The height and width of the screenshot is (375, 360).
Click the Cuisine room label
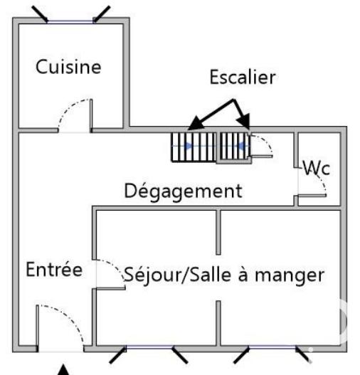click(x=69, y=68)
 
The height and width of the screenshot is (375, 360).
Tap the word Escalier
click(x=241, y=78)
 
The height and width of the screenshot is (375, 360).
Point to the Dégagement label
click(x=184, y=191)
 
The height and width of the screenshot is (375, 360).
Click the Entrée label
click(x=54, y=270)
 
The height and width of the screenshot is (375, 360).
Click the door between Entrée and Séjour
click(x=107, y=273)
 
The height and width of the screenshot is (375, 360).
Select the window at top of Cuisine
click(x=71, y=21)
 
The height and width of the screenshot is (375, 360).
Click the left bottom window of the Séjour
click(x=149, y=349)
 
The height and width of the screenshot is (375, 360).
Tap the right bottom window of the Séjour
click(x=274, y=349)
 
